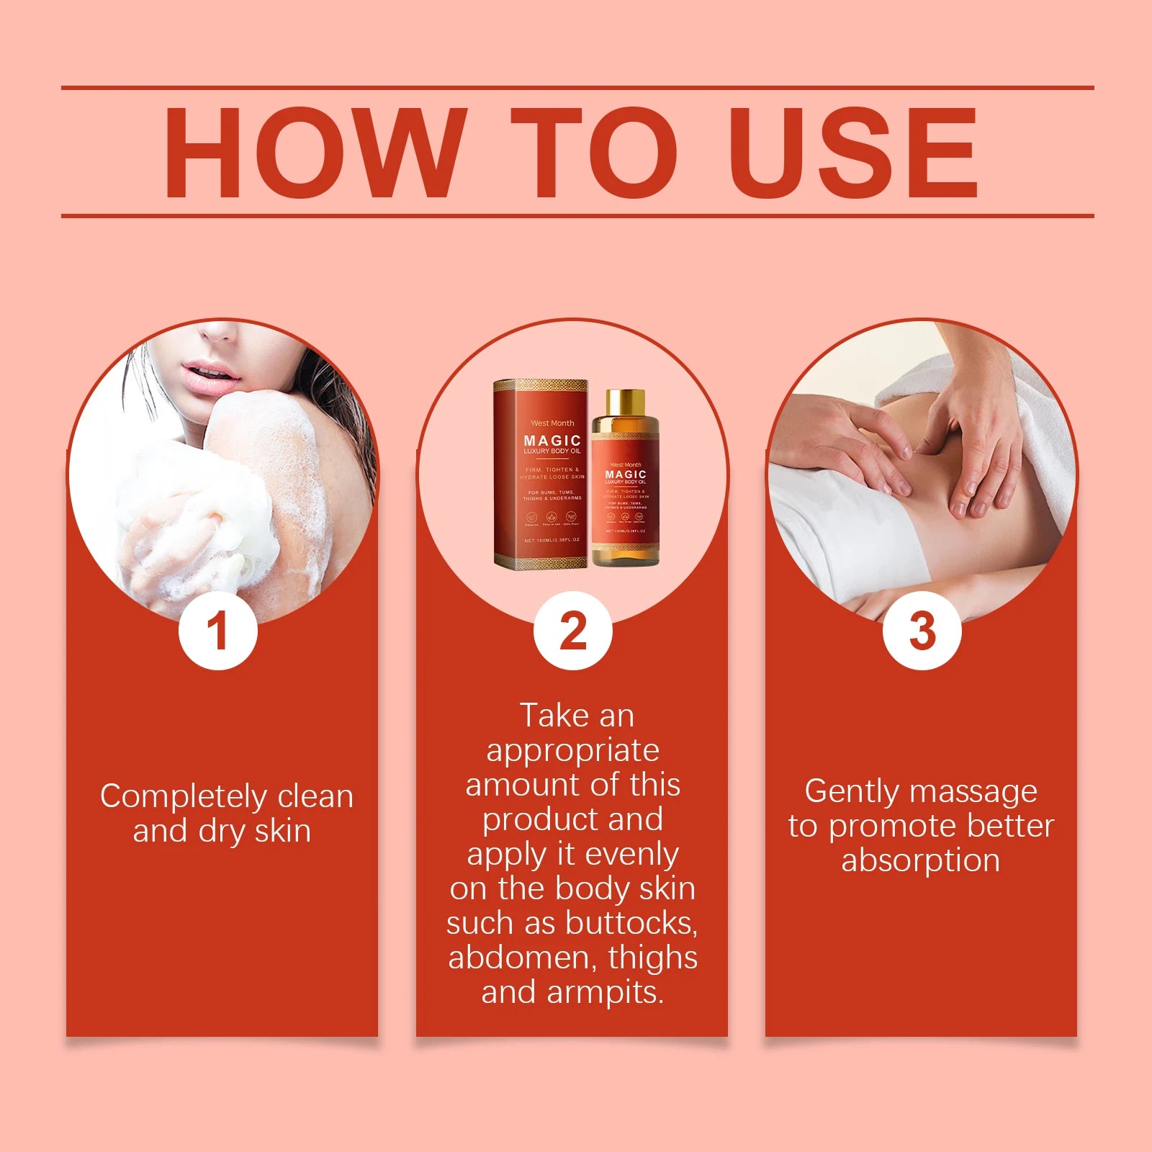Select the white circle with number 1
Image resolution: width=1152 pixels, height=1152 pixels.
[x=218, y=631]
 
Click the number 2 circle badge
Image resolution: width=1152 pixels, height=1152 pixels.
[x=573, y=631]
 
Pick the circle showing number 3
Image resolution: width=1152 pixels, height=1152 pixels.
[x=922, y=631]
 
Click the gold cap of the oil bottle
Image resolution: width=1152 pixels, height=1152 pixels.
[x=625, y=402]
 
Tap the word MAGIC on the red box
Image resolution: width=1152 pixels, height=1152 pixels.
[x=552, y=441]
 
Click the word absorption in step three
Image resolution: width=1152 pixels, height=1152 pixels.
[x=921, y=860]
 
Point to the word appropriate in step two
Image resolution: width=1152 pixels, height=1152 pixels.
[x=573, y=751]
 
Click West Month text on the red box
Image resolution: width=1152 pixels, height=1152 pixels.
[x=552, y=423]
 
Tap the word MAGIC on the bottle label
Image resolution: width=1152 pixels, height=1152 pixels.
[x=626, y=474]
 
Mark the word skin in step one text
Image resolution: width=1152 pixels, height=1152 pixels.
[x=283, y=831]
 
